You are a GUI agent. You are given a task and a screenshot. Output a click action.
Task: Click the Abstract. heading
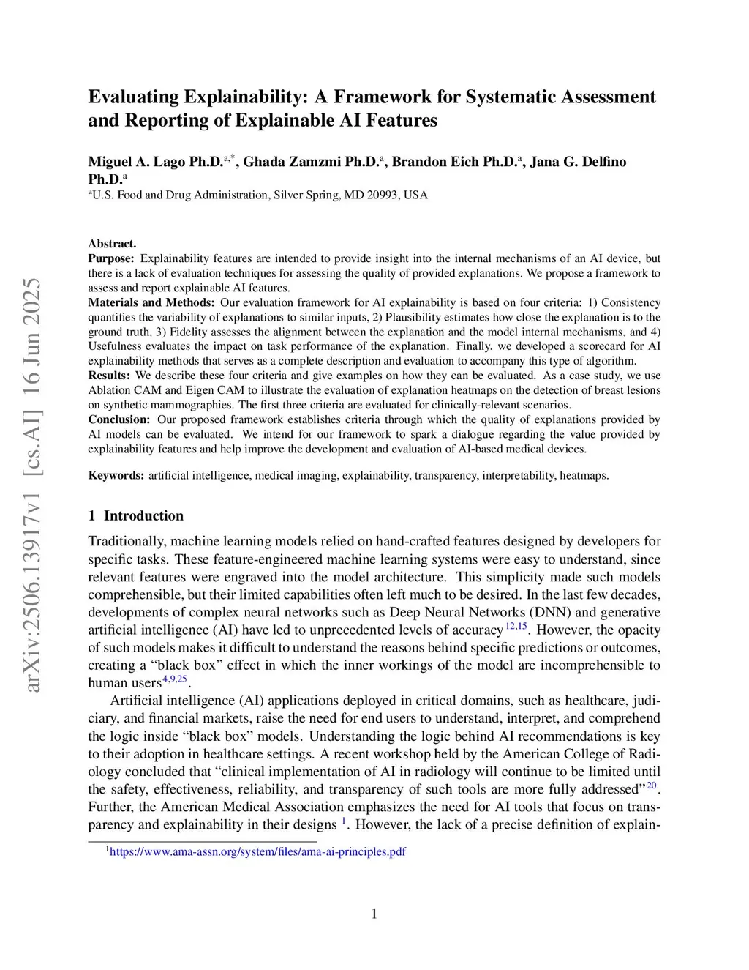click(x=112, y=244)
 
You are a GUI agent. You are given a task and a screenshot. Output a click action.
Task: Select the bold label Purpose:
click(x=111, y=258)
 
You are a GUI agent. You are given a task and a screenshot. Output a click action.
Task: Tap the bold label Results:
click(x=109, y=376)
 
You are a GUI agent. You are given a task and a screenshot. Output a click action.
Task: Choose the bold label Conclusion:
click(x=119, y=419)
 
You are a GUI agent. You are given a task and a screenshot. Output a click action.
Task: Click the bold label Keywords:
click(x=116, y=475)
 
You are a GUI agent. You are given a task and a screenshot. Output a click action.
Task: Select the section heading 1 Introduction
click(x=136, y=515)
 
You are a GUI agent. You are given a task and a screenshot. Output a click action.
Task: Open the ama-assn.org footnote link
click(x=257, y=851)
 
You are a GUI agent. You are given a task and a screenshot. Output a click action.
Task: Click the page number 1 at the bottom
click(x=374, y=914)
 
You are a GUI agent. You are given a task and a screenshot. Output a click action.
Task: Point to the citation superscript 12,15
click(x=516, y=626)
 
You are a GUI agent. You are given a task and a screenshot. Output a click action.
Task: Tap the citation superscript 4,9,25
click(x=175, y=679)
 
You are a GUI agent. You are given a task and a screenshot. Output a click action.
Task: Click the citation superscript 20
click(x=651, y=785)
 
